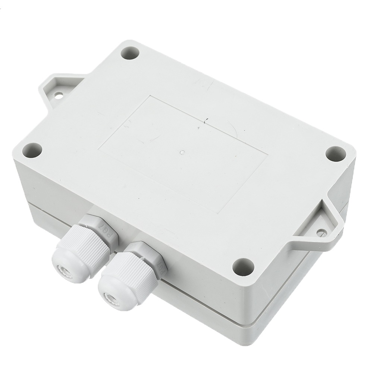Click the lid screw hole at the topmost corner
[x=130, y=53]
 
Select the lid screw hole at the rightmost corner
[x=336, y=154]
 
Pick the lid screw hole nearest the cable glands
[x=243, y=267]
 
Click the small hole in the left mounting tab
[x=59, y=96]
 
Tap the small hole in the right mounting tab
[x=322, y=232]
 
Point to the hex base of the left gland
[x=99, y=228]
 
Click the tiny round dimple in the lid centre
[x=182, y=152]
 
